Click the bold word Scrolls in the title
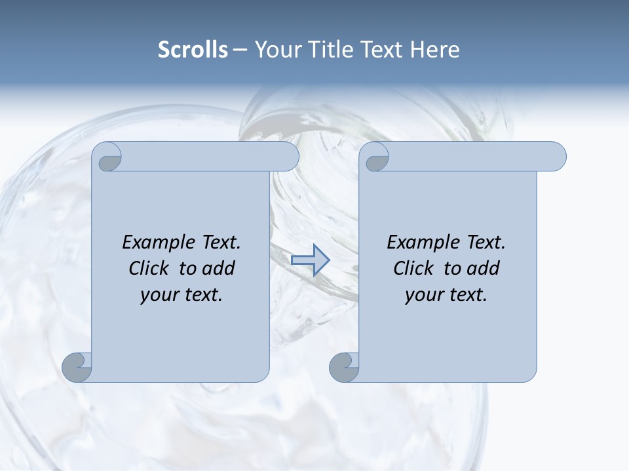193,50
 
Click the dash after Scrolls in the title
240,50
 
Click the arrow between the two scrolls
310,260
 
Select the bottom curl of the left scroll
77,366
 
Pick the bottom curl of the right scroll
344,366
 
